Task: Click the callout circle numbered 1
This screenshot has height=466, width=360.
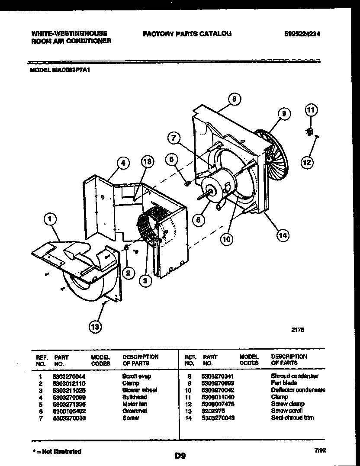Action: [50, 220]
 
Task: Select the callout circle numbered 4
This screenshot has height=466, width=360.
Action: [123, 163]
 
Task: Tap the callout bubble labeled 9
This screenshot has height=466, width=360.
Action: [283, 114]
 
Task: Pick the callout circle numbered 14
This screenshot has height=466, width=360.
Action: [283, 235]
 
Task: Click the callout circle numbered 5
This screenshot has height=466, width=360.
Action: [198, 220]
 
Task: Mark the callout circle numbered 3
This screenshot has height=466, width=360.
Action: [146, 281]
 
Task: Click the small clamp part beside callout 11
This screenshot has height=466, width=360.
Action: [310, 132]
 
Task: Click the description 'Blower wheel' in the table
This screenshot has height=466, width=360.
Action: [139, 390]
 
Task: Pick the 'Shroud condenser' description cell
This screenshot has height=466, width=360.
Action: [294, 376]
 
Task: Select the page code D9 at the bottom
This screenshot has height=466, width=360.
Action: [180, 455]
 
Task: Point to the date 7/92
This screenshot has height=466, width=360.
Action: [320, 450]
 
